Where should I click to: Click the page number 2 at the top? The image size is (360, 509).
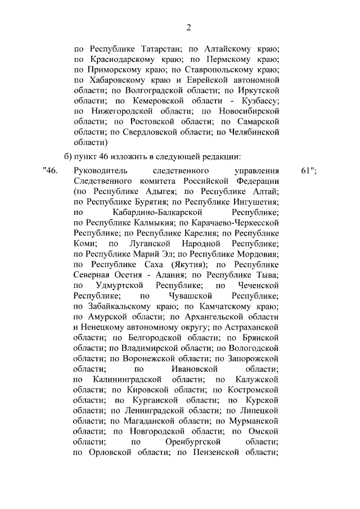(189, 28)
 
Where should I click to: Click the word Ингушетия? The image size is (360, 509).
(254, 202)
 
